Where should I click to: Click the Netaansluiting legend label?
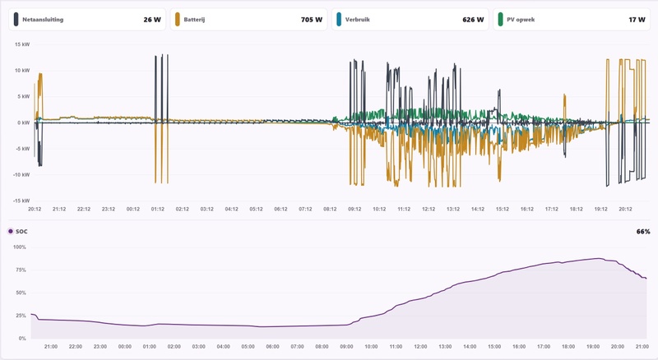[43, 19]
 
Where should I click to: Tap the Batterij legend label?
[194, 19]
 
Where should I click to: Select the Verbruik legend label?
[358, 19]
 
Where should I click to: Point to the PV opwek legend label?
[521, 19]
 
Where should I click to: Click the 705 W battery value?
[312, 19]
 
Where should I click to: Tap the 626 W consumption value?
[473, 19]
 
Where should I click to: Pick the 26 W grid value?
[152, 19]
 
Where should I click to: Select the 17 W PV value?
[637, 19]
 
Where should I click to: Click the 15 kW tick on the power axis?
[22, 44]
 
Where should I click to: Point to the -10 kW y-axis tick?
[21, 174]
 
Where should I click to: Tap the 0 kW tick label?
[24, 122]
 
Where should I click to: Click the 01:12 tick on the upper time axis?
[158, 209]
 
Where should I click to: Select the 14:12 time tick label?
[478, 209]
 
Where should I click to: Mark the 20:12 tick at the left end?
[35, 209]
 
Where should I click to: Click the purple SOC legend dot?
[11, 231]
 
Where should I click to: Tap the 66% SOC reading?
[643, 231]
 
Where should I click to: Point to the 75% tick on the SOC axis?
[21, 270]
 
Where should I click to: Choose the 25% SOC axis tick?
[21, 316]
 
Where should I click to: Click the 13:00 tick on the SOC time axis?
[445, 347]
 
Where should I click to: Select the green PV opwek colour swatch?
[500, 19]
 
